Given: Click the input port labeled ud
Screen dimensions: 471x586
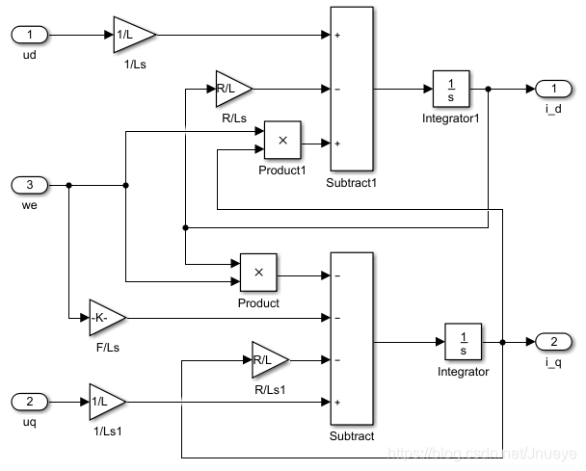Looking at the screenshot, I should (x=28, y=36).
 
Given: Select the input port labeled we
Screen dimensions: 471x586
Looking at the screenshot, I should (x=28, y=185).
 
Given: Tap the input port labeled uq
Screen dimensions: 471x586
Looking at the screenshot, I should (x=28, y=400).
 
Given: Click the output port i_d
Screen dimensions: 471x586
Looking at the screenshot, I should (x=553, y=89).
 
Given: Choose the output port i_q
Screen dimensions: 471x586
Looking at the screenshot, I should (x=553, y=342).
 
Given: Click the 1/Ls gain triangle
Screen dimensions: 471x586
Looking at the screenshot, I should (x=132, y=36).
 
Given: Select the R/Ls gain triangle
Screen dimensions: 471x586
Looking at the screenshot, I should (x=231, y=89).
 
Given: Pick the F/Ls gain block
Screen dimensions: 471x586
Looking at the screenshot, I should (x=106, y=317).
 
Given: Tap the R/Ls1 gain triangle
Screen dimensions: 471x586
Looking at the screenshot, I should (x=268, y=360).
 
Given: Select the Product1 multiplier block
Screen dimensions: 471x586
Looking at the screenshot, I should (x=282, y=141).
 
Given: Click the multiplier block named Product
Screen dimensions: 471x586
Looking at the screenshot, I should (x=258, y=273).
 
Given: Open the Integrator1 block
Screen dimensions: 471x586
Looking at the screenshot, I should (x=450, y=89).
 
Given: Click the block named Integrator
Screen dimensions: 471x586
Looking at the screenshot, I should (x=464, y=342).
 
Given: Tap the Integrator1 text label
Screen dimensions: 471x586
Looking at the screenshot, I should (x=450, y=118).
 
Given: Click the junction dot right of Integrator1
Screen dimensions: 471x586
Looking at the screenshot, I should (x=489, y=89).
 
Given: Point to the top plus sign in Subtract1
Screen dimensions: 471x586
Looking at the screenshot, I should (x=338, y=36).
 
